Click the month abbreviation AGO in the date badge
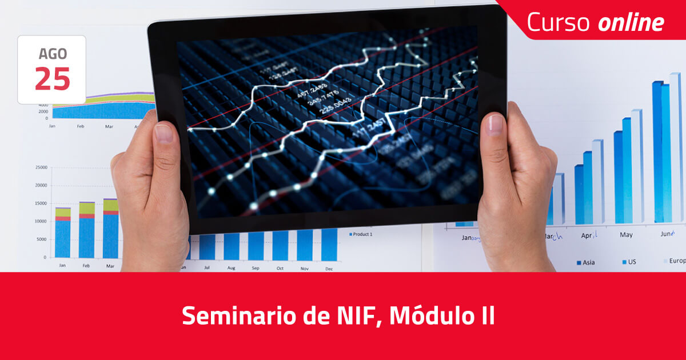[52, 54]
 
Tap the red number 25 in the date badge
[52, 78]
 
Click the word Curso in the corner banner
[558, 22]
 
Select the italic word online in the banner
[631, 22]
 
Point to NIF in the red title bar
[358, 315]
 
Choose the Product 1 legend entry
[362, 234]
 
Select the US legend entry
[631, 262]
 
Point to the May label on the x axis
[626, 235]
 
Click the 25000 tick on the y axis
[41, 167]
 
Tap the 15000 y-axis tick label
[41, 203]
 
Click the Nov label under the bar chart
[304, 268]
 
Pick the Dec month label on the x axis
[329, 268]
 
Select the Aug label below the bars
[231, 268]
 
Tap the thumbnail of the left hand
[163, 133]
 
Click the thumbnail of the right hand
[495, 125]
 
